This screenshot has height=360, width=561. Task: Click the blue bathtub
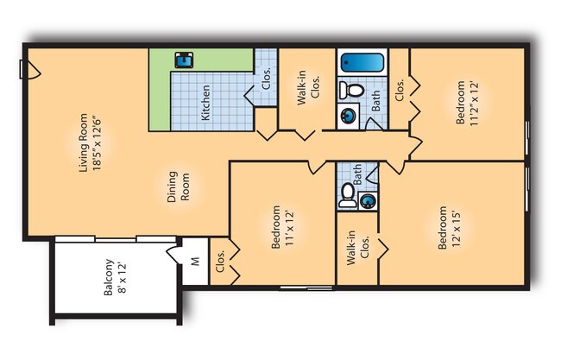click(x=362, y=63)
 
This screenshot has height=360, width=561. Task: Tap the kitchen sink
click(x=184, y=60)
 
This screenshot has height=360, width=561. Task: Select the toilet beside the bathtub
click(x=351, y=90)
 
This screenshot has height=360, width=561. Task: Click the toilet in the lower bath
click(x=348, y=195)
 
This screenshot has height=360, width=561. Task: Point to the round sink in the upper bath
click(x=348, y=116)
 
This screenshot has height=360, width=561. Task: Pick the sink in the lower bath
click(x=368, y=201)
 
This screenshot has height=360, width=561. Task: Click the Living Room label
click(x=83, y=142)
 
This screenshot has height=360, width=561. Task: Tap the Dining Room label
click(x=178, y=186)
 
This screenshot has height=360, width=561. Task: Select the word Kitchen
click(x=205, y=103)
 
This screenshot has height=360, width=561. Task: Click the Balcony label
click(x=108, y=277)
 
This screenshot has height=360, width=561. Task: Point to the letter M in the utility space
click(x=195, y=262)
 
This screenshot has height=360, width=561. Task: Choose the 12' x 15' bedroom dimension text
click(x=457, y=227)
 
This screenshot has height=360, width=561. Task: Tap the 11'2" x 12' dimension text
click(x=473, y=104)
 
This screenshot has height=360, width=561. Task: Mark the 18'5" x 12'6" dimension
click(x=97, y=142)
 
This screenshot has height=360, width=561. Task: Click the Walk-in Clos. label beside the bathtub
click(x=308, y=88)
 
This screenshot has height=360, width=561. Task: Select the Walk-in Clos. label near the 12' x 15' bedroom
click(x=358, y=248)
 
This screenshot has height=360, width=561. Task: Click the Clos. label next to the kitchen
click(x=266, y=79)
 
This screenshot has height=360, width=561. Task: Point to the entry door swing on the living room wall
click(x=31, y=69)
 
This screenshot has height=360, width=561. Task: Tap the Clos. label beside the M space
click(x=220, y=261)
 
